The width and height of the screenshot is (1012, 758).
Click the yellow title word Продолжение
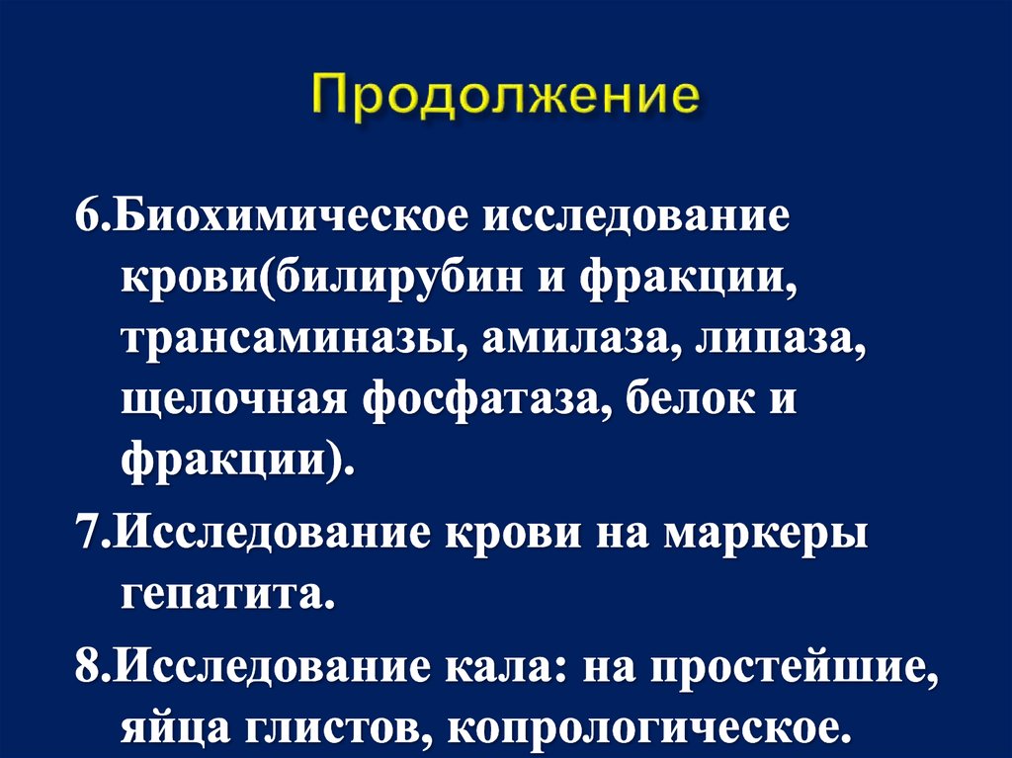click(x=506, y=100)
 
